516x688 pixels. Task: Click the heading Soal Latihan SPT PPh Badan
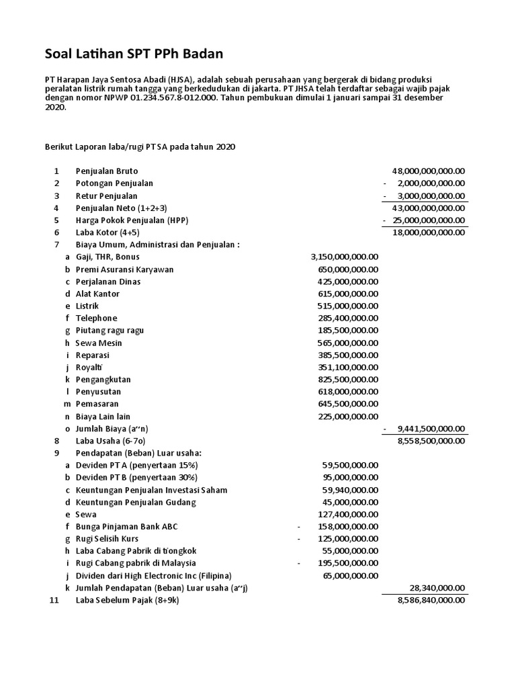[x=134, y=53]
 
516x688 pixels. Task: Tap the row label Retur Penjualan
[x=106, y=196]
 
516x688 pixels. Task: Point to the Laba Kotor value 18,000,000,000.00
[x=428, y=232]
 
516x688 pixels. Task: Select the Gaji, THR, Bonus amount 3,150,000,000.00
[x=345, y=257]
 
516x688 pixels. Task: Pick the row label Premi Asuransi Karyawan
[x=124, y=269]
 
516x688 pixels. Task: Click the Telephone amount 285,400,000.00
[x=348, y=318]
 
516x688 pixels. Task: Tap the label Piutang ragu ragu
[x=110, y=331]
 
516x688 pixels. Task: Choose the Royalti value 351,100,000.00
[x=348, y=368]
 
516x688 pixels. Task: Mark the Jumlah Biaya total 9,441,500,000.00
[x=431, y=429]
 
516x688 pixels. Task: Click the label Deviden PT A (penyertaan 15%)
[x=136, y=465]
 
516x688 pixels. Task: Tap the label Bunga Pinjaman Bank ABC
[x=126, y=527]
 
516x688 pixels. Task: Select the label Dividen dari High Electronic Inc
[x=153, y=576]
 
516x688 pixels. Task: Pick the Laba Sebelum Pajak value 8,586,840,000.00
[x=431, y=600]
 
